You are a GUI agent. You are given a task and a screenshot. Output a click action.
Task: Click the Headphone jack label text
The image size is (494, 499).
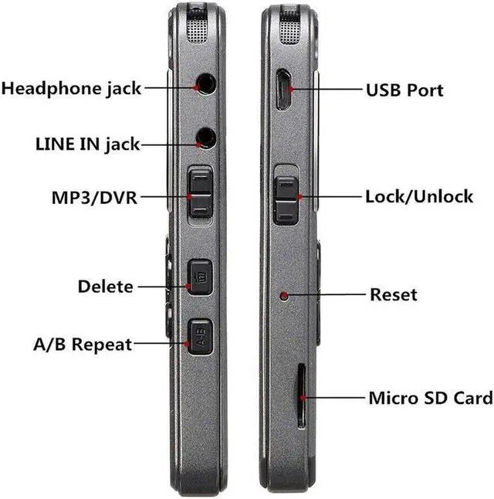point(71,88)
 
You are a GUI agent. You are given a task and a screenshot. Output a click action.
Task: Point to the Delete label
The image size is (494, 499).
point(105,287)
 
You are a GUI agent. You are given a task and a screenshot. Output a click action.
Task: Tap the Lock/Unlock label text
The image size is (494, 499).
point(418,196)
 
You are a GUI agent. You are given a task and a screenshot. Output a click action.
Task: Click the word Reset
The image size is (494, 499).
point(393,294)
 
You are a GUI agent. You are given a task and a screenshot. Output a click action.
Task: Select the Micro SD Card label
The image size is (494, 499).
point(430,399)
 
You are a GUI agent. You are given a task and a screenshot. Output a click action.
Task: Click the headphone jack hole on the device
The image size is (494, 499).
point(205,83)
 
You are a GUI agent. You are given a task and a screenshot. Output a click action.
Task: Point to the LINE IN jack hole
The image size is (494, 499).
point(205,137)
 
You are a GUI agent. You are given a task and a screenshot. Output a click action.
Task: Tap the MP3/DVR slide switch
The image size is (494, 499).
point(200,194)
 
